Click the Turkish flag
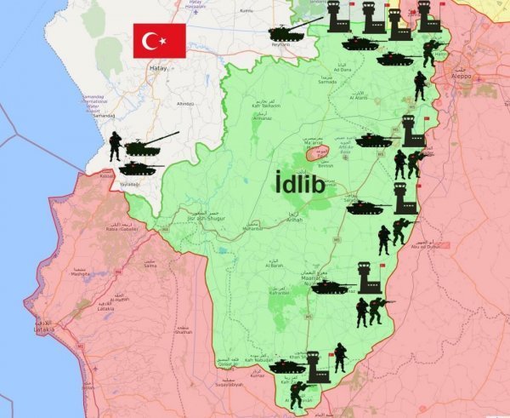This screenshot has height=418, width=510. (159, 41)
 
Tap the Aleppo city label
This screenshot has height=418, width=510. (463, 76)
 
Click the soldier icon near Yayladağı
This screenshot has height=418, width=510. (116, 146)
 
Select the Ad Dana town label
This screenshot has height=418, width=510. (343, 69)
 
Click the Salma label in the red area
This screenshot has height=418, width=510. (151, 265)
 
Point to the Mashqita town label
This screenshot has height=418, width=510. (81, 274)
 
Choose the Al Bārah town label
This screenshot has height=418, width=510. (275, 266)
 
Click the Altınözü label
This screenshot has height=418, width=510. (184, 104)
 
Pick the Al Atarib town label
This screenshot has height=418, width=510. (358, 100)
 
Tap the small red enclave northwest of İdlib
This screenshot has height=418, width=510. (317, 154)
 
